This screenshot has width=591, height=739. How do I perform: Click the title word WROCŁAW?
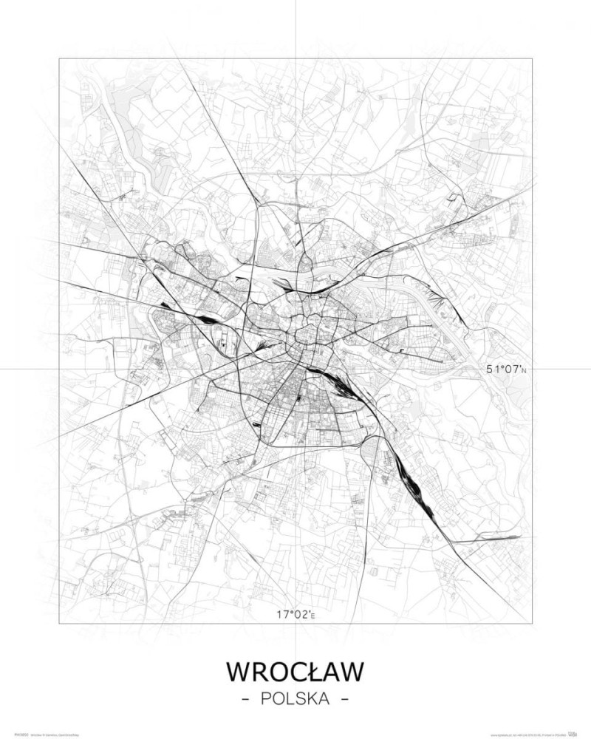pos(295,672)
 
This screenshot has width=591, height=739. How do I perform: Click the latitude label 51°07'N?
pos(507,369)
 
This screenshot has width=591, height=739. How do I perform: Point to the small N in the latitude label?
pos(525,370)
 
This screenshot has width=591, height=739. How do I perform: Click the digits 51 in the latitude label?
pos(492,369)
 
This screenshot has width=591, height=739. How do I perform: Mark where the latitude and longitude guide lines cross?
pos(295,369)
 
